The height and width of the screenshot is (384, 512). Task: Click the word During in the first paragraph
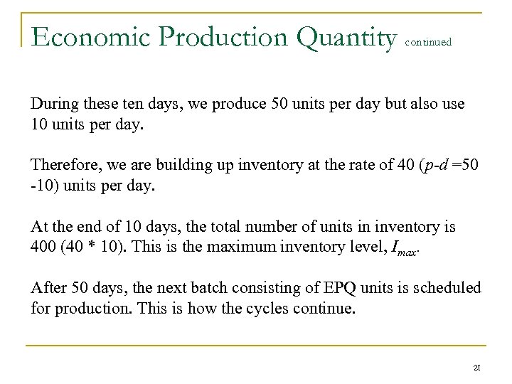51,104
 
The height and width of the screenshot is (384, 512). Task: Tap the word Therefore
61,166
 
